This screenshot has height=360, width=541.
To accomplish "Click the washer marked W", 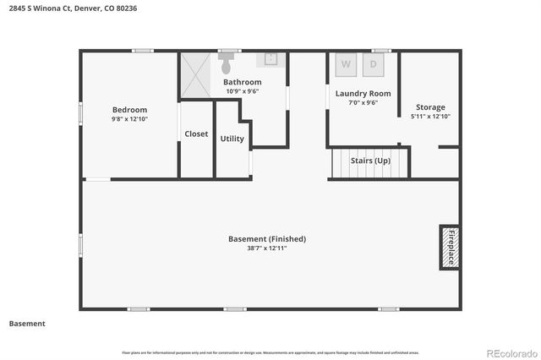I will (346, 63).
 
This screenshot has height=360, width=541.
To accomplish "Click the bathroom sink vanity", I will (270, 59).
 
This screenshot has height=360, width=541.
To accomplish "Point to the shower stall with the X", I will (196, 75).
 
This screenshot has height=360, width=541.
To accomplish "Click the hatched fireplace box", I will (450, 247).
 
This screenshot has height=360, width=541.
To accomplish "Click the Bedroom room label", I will (129, 110).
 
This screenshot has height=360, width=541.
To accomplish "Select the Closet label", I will (196, 134).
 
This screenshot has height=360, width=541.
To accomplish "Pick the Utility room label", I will (232, 139).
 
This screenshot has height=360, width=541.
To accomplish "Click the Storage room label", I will (429, 107).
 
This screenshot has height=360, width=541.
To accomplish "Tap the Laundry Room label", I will (362, 94).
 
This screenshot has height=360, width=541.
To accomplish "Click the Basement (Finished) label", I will (267, 239).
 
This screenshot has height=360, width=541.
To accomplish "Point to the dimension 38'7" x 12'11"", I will (267, 248).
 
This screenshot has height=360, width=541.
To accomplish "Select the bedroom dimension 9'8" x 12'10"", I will (129, 119).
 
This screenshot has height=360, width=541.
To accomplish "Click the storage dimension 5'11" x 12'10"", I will (429, 117).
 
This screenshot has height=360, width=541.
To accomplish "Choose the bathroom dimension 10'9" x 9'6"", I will (242, 91).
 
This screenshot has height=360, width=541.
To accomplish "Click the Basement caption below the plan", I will (27, 324).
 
